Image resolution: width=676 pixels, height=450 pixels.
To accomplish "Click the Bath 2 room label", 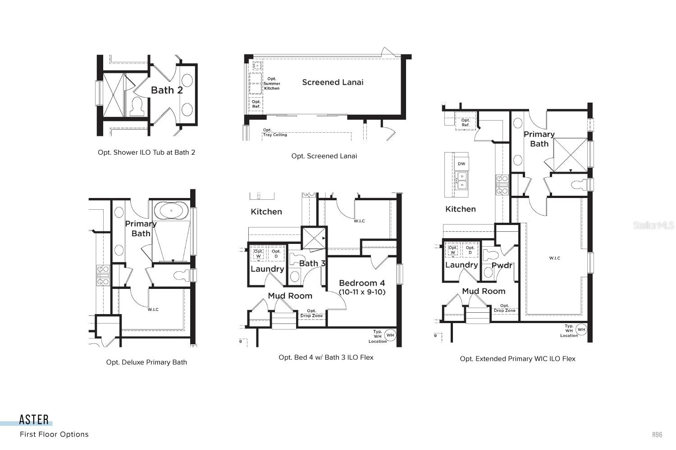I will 167,90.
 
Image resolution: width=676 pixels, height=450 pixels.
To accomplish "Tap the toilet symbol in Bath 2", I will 137,106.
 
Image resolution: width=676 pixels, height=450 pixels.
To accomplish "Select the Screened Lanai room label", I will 333,82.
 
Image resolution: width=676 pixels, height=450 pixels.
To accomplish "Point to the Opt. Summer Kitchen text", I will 272,84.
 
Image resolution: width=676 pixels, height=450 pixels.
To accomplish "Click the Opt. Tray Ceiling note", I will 274,132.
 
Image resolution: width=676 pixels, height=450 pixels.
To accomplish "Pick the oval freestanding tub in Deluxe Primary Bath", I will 171,211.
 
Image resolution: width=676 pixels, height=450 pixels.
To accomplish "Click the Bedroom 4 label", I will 362,283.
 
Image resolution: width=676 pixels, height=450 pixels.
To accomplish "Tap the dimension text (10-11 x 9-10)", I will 362,292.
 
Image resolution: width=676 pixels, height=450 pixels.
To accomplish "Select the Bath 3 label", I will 312,263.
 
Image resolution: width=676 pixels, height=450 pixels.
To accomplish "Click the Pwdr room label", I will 502,265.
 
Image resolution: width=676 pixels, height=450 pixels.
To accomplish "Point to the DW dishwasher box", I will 461,164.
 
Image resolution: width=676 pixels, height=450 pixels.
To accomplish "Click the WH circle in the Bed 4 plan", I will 390,335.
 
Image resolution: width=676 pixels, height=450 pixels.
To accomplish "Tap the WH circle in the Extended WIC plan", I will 581,329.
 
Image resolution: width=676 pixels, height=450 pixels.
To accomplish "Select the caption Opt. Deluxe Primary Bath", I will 146,362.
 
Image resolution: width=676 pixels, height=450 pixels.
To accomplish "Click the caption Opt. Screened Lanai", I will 324,156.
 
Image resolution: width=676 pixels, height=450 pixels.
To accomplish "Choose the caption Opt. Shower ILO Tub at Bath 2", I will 146,153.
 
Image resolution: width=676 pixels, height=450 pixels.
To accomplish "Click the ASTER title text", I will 34,420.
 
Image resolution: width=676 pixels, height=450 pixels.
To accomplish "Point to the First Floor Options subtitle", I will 54,434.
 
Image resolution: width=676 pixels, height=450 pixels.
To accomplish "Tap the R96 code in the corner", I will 657,434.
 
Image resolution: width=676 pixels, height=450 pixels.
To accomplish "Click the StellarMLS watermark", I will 653,225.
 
